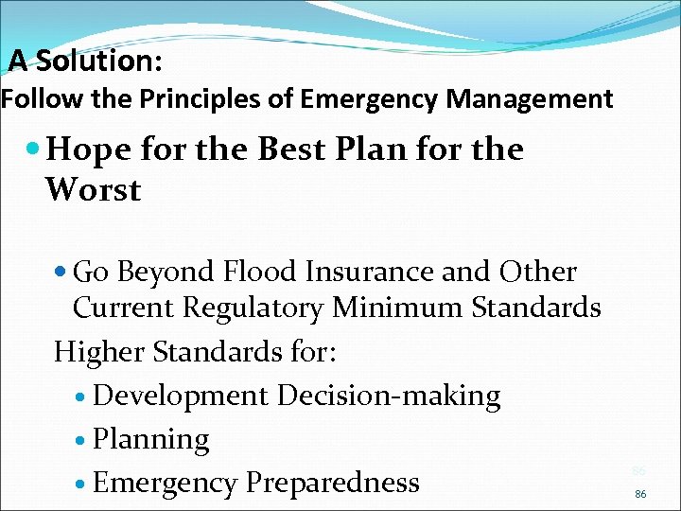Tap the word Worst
point(93,190)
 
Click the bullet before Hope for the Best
point(35,150)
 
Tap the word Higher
point(96,352)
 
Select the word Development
point(181,396)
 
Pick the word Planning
point(151,440)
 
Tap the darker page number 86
point(640,494)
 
